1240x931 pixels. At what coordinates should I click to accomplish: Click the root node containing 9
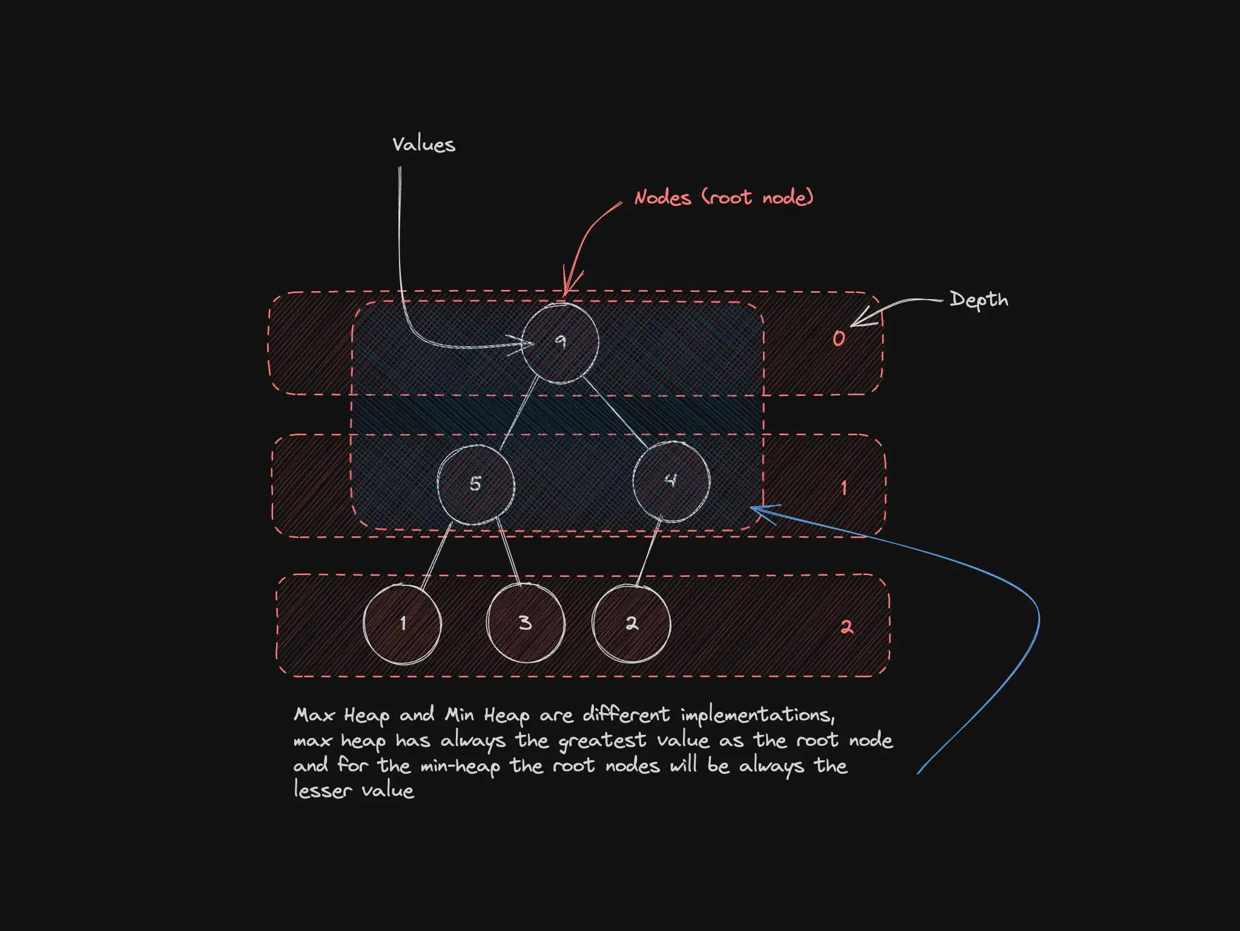pyautogui.click(x=560, y=343)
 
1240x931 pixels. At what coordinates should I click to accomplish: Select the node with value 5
pyautogui.click(x=476, y=484)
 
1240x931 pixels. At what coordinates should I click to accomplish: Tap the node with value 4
pyautogui.click(x=671, y=481)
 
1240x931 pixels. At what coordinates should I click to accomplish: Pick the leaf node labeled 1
pyautogui.click(x=402, y=624)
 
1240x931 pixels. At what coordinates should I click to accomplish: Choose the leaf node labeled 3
pyautogui.click(x=526, y=623)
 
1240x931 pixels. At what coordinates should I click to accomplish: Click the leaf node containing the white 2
pyautogui.click(x=632, y=623)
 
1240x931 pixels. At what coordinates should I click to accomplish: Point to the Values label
pyautogui.click(x=423, y=145)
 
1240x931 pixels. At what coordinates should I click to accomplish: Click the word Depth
pyautogui.click(x=979, y=300)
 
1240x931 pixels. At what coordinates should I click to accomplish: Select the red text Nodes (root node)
pyautogui.click(x=724, y=197)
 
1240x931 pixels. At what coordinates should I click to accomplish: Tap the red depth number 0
pyautogui.click(x=839, y=338)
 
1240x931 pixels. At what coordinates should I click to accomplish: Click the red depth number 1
pyautogui.click(x=843, y=488)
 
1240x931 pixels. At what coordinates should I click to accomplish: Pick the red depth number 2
pyautogui.click(x=846, y=627)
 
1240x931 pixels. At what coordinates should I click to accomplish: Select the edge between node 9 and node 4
pyautogui.click(x=616, y=413)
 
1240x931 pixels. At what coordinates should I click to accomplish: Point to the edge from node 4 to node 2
pyautogui.click(x=649, y=551)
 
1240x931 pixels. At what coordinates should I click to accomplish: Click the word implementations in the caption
pyautogui.click(x=758, y=716)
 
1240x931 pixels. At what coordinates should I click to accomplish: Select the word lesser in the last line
pyautogui.click(x=323, y=791)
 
